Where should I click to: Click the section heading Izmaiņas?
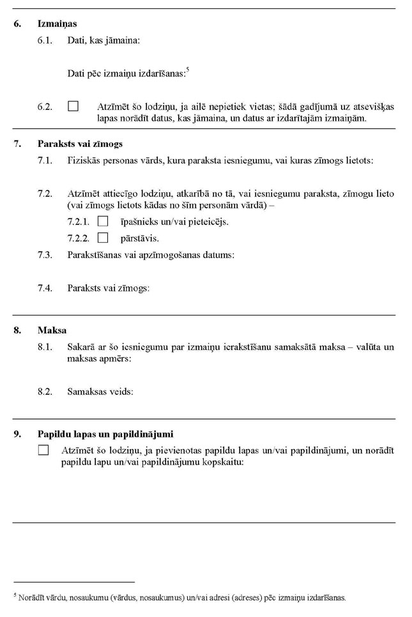click(x=57, y=24)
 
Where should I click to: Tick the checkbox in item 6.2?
click(x=73, y=107)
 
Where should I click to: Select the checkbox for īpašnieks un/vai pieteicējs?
click(x=103, y=222)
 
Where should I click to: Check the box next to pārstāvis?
click(x=103, y=238)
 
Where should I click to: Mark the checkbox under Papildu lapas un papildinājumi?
click(x=43, y=450)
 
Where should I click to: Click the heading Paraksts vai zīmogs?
click(x=80, y=144)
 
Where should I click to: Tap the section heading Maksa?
click(x=52, y=330)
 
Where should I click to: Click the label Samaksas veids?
click(x=100, y=392)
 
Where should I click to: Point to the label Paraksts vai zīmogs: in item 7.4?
click(x=108, y=288)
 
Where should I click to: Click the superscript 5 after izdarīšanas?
click(x=187, y=70)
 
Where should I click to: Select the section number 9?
click(x=17, y=434)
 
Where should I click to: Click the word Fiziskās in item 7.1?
click(x=84, y=160)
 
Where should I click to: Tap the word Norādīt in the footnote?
click(x=31, y=598)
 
